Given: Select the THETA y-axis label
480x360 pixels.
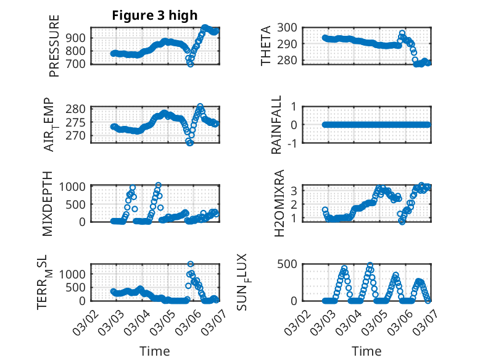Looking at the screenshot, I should [x=266, y=46].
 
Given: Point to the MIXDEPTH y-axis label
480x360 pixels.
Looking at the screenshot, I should [x=49, y=203].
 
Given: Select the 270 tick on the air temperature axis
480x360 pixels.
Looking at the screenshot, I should [x=78, y=136].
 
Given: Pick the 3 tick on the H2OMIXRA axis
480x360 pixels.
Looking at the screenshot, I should [x=296, y=190].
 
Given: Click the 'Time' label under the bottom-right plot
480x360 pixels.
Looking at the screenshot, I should [x=366, y=351].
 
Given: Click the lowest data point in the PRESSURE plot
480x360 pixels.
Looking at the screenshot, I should [x=191, y=64].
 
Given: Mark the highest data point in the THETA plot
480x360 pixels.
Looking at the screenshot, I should [x=402, y=33].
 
